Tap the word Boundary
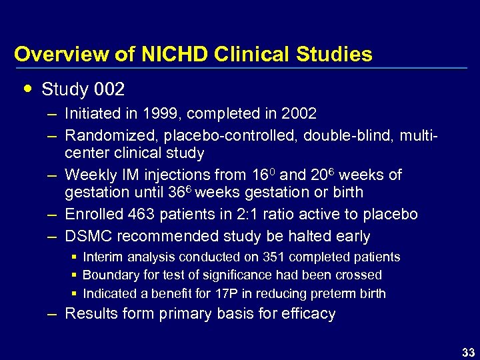[109, 275]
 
